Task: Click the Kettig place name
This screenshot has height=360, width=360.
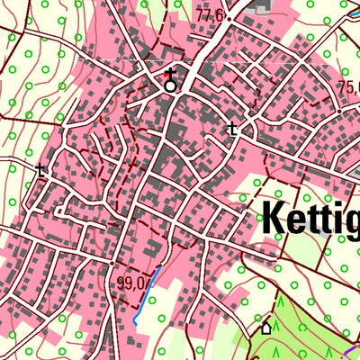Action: [x=310, y=217]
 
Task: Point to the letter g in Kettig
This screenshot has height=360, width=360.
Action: [x=352, y=221]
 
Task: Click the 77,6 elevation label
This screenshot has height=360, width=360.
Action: [x=209, y=14]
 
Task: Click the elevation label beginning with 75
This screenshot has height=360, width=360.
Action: [x=349, y=87]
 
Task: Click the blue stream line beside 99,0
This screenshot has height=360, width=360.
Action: [x=148, y=295]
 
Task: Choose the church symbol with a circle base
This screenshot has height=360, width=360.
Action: [x=169, y=79]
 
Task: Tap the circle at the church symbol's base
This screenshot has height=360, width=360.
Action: [x=169, y=86]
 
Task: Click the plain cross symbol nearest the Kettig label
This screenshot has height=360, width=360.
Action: [x=233, y=129]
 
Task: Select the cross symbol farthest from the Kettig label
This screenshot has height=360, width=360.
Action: [x=40, y=168]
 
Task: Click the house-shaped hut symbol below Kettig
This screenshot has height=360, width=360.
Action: [x=265, y=328]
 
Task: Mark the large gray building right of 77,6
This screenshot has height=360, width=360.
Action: [x=262, y=6]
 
